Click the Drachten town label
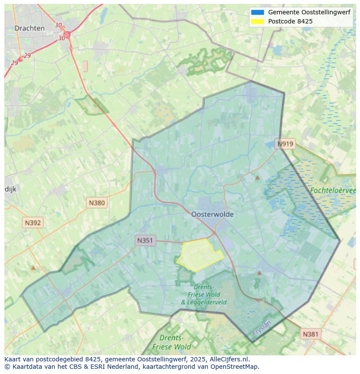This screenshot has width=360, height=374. pos(30,28)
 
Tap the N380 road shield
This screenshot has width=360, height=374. pos(97,202)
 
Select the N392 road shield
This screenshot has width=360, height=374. pos(33,223)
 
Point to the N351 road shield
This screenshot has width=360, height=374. pos(145,240)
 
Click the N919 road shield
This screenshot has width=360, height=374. pos(286,144)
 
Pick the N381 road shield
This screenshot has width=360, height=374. pos(310,334)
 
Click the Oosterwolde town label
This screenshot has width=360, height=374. pos(212,214)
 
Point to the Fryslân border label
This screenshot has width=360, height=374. pos(262,328)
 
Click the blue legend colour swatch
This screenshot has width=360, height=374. pos(257,13)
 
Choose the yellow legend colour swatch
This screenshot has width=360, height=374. pos(257,21)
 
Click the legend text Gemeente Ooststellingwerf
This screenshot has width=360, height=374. pos(309,13)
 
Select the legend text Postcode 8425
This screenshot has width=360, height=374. pos(290,21)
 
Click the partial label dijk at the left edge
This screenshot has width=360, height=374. pos(10,189)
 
